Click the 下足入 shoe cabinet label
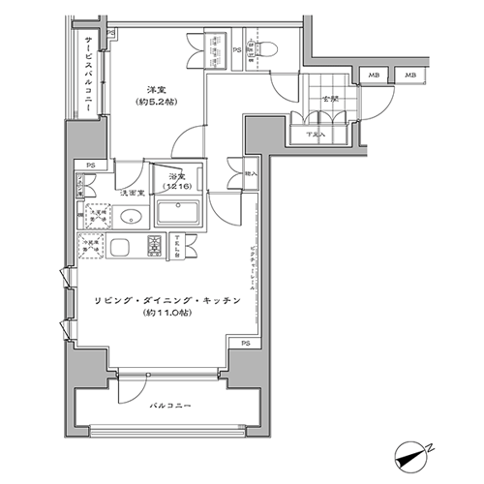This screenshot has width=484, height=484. pyautogui.click(x=316, y=134)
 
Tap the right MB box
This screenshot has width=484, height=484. pyautogui.click(x=410, y=75)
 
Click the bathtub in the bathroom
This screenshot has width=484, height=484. pyautogui.click(x=179, y=212)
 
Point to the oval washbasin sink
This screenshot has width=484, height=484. pyautogui.click(x=131, y=217)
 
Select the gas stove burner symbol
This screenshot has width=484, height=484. pyautogui.click(x=155, y=246)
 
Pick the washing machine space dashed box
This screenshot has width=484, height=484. pyautogui.click(x=95, y=217)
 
